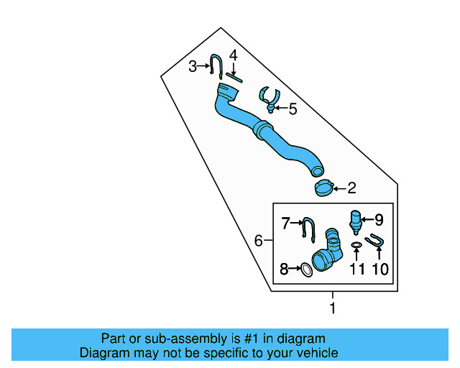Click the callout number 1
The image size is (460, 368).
[x=332, y=308]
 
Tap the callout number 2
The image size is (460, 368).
[x=351, y=189]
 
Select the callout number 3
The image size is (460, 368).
[x=193, y=67]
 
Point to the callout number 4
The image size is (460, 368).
[x=233, y=56]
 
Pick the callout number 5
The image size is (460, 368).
[x=293, y=109]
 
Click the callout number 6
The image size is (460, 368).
[x=259, y=241]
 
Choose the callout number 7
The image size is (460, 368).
[x=285, y=224]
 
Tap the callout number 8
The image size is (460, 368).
[x=284, y=270]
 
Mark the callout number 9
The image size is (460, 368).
[x=379, y=220]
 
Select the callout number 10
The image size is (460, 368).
[x=379, y=270]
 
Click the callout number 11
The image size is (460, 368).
[x=357, y=270]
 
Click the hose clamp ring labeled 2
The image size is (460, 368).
[x=323, y=188]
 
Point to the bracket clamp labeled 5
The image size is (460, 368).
[x=269, y=98]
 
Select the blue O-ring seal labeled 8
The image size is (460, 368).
[x=305, y=270]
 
